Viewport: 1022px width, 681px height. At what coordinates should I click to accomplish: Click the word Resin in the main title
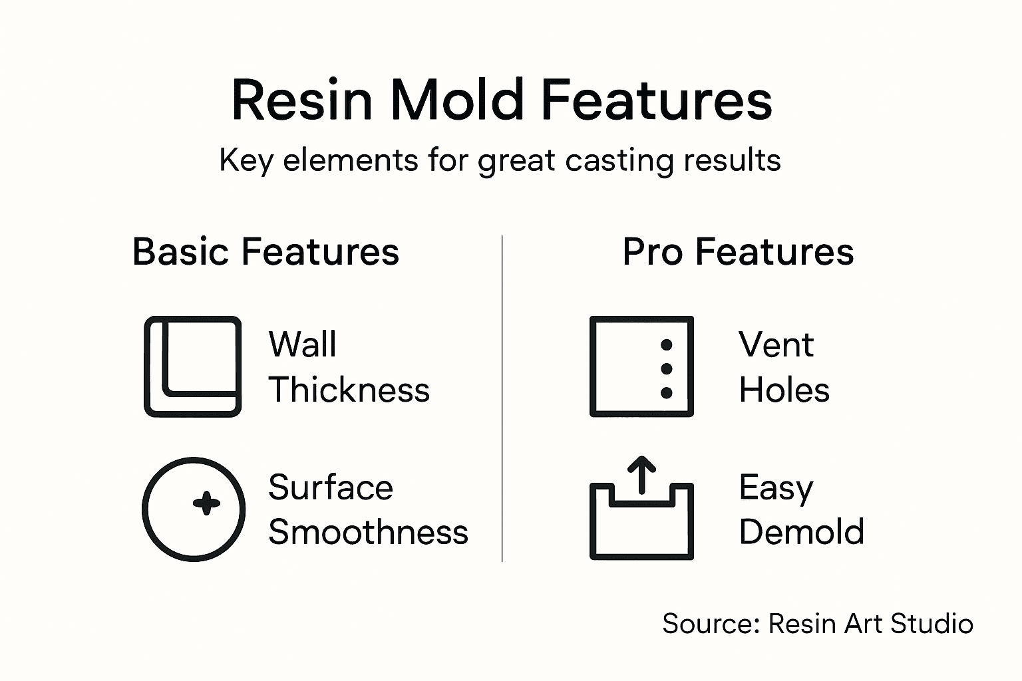(301, 100)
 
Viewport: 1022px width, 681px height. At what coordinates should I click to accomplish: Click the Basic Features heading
(265, 252)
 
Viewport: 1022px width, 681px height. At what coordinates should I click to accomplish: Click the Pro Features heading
(738, 252)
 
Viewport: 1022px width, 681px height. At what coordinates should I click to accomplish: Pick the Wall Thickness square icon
(193, 366)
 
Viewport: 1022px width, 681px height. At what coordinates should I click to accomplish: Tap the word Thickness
(349, 390)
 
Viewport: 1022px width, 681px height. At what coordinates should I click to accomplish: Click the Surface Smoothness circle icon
(194, 509)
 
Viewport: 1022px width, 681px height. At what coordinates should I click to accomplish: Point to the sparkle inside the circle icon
(206, 503)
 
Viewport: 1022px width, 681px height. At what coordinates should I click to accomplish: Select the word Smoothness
(368, 532)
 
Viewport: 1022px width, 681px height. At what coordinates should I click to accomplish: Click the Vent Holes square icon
(641, 366)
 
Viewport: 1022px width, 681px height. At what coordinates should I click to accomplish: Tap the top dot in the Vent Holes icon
(666, 345)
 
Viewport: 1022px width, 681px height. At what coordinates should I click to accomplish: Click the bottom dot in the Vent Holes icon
(666, 393)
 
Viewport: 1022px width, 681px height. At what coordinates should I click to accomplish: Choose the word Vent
(776, 344)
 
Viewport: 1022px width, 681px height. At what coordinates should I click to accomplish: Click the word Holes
(784, 390)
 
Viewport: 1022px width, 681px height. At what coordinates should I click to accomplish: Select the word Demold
(801, 532)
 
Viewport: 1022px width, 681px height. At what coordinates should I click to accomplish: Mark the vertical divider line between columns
(502, 399)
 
